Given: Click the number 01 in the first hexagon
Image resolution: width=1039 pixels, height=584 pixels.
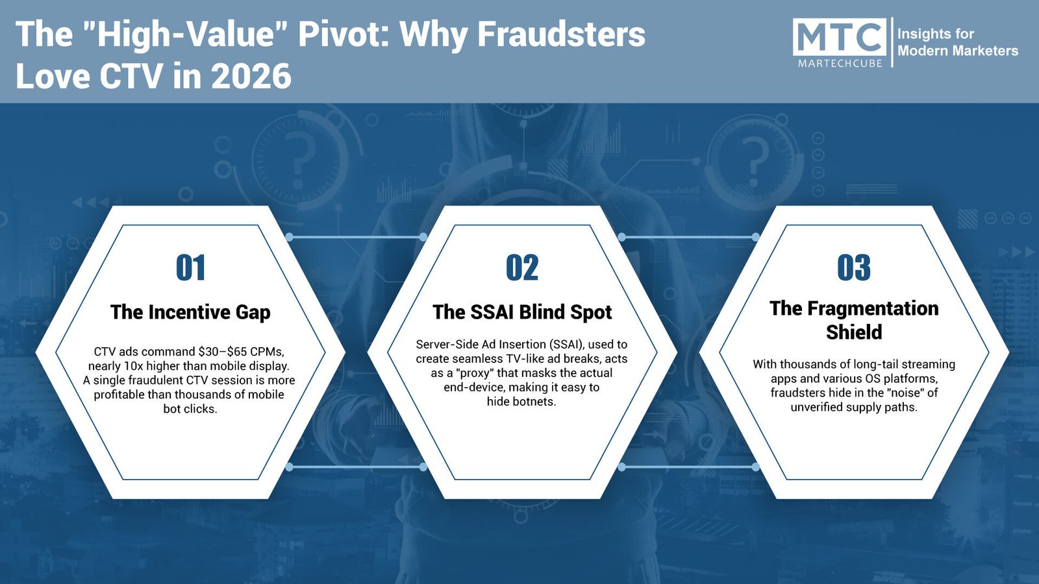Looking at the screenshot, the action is click(191, 267).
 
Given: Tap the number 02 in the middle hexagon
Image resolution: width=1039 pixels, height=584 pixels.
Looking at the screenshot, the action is click(522, 267).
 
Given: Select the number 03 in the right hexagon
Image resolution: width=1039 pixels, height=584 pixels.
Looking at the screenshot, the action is click(854, 267).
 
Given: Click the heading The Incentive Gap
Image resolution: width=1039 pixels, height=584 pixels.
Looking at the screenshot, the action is click(190, 312).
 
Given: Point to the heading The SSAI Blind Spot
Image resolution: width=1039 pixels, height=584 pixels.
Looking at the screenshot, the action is click(522, 312).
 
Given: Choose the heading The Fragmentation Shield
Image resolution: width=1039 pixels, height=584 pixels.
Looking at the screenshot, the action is click(854, 320).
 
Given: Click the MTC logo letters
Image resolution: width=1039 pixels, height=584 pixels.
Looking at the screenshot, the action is click(840, 38).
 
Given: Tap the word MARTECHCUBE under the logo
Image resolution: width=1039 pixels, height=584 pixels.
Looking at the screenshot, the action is click(840, 63).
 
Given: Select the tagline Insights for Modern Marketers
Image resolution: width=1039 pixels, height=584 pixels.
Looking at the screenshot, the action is click(957, 42).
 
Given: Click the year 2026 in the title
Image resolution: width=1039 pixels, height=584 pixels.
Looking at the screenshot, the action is click(251, 77).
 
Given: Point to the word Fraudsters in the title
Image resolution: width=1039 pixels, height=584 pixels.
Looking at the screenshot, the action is click(561, 34).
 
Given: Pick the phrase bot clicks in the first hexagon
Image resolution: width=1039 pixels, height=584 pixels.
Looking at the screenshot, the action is click(190, 409).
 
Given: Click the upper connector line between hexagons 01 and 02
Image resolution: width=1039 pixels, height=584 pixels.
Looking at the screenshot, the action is click(357, 237).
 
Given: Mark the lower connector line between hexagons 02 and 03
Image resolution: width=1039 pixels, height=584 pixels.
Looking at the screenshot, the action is click(688, 467).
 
